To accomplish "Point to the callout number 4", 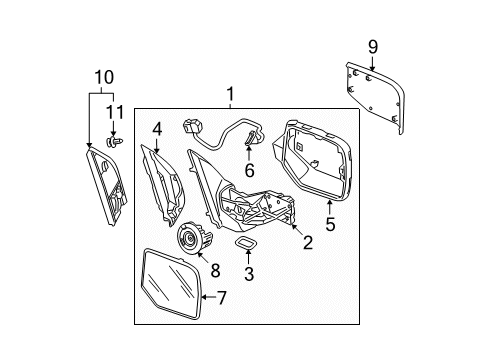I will (157, 129).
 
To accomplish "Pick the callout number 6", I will (249, 170).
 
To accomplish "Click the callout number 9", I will (373, 46).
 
